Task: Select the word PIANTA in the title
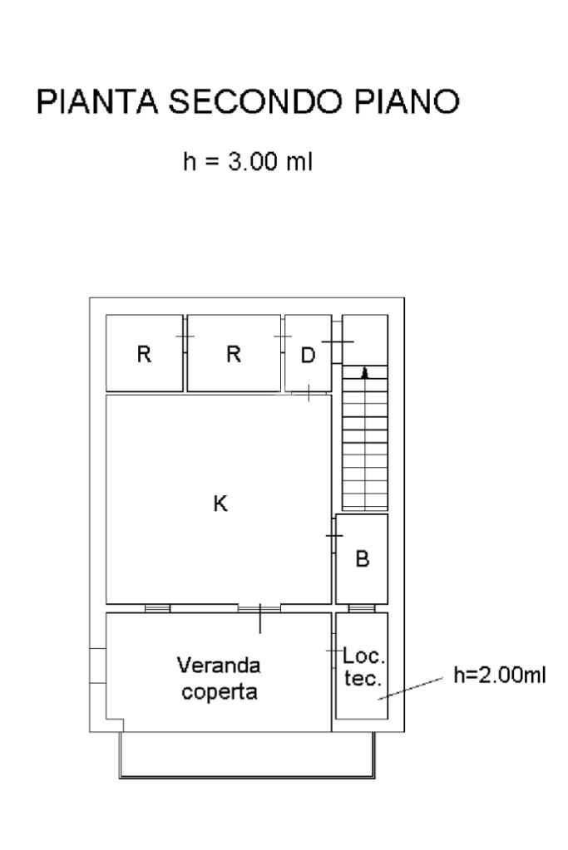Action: [x=97, y=101]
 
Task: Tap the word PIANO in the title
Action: [x=407, y=101]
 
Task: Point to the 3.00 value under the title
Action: [x=253, y=161]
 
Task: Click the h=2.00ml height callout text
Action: [x=499, y=675]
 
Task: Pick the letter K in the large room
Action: [x=220, y=504]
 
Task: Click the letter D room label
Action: [x=308, y=356]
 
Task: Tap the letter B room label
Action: [x=363, y=558]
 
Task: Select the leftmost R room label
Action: [x=144, y=354]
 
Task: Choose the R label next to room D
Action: [x=234, y=354]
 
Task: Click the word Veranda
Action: [x=219, y=666]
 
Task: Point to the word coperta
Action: [x=220, y=692]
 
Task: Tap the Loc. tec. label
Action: [x=363, y=666]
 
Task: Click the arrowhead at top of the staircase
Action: [x=365, y=372]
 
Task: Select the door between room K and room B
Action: [x=333, y=536]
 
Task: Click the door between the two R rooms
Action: [x=185, y=337]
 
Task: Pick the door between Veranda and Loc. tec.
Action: [x=333, y=651]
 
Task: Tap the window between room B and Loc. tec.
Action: [x=362, y=608]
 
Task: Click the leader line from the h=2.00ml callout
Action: [x=411, y=689]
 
